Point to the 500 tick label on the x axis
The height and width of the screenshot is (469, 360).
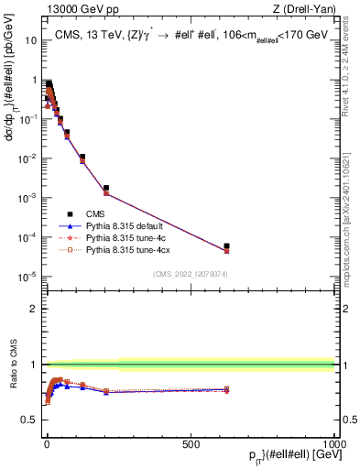191,444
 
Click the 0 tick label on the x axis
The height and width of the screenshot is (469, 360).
47,444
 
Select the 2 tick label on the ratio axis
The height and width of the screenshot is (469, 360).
33,309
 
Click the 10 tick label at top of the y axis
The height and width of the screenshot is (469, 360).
29,40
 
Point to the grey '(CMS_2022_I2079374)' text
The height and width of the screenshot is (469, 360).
190,273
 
